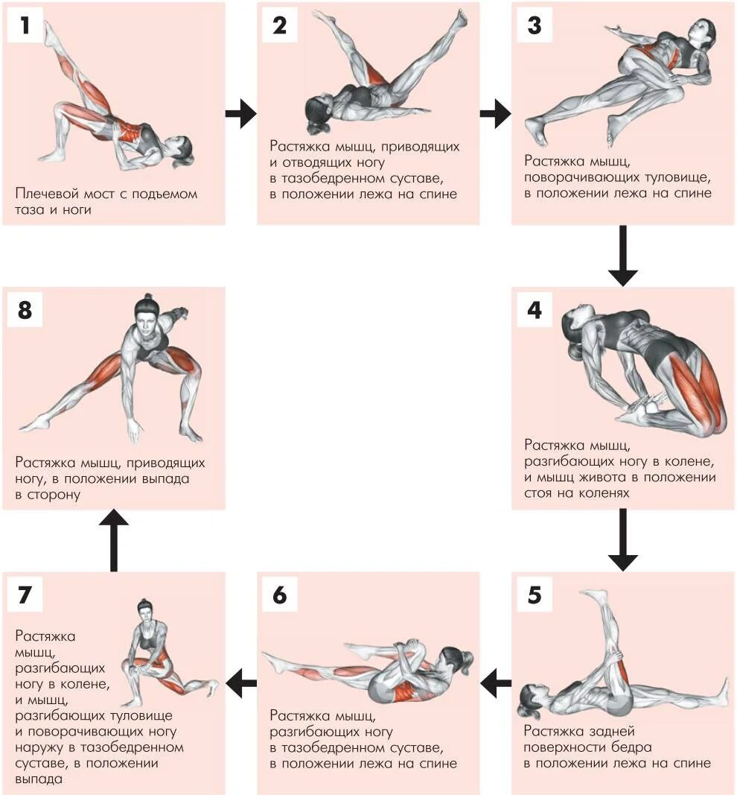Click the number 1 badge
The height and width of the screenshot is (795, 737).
[x=25, y=25]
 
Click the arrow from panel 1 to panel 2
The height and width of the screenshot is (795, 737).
[x=240, y=114]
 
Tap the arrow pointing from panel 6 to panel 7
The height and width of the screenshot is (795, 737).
[x=241, y=682]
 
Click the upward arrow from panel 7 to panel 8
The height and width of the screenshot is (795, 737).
[x=114, y=540]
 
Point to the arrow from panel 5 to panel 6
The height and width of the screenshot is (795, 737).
[x=496, y=682]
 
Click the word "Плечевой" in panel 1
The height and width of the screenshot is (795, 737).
[x=42, y=194]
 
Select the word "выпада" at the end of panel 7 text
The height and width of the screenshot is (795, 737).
[x=38, y=779]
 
